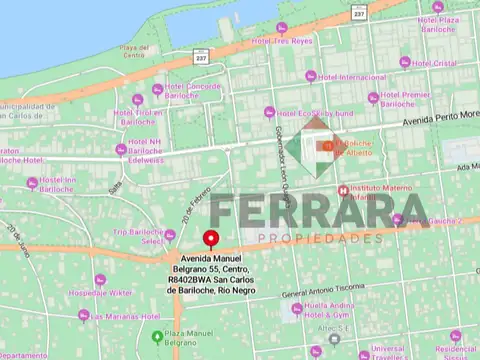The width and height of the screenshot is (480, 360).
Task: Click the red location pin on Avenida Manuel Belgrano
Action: [x=211, y=238]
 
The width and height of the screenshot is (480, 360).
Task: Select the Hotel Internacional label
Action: [x=349, y=77]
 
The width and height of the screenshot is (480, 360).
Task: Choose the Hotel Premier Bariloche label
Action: [x=404, y=99]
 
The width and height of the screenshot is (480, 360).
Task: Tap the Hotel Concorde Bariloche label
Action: [x=193, y=91]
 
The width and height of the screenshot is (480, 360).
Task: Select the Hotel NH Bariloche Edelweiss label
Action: [x=145, y=153]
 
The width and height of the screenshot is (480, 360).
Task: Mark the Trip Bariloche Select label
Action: [x=138, y=236]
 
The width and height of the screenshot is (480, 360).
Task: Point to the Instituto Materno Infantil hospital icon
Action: [x=344, y=190]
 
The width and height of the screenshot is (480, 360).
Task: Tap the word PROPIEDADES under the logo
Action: [x=320, y=239]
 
